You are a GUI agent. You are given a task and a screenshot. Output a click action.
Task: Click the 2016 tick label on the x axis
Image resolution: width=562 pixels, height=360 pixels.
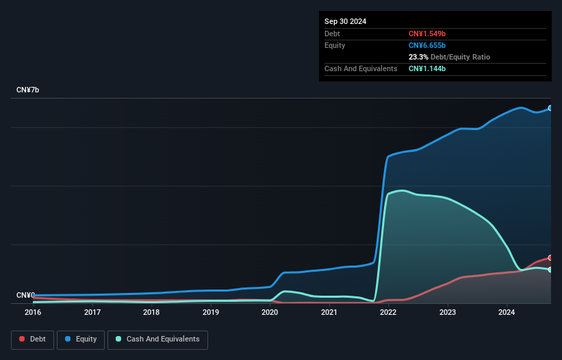[x=33, y=312]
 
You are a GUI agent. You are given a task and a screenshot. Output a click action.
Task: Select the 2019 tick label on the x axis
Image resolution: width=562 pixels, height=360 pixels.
[x=211, y=312]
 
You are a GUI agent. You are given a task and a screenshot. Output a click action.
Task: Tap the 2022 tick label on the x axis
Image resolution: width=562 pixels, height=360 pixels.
[x=388, y=312]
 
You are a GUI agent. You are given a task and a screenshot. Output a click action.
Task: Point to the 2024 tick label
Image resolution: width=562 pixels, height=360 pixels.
[x=507, y=312]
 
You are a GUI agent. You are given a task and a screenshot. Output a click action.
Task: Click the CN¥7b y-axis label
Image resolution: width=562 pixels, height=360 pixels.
[x=28, y=90]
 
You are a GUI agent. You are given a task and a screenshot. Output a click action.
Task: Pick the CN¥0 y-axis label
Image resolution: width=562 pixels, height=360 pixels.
[x=26, y=295]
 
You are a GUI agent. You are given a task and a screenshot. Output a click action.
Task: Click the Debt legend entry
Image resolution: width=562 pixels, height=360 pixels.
[x=32, y=339]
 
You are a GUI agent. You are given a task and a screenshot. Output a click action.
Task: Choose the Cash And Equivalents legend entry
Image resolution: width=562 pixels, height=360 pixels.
[x=157, y=339]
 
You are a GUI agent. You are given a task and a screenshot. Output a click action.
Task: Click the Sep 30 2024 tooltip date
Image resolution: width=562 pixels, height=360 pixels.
[x=345, y=21]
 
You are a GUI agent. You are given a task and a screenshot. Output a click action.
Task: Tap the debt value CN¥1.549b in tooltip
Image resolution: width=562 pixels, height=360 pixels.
[x=427, y=34]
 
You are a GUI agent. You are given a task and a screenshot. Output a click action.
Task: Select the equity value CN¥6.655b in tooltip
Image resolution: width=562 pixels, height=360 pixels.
[x=427, y=45]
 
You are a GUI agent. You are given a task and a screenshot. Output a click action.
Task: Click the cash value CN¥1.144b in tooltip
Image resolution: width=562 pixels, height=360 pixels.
[x=427, y=68]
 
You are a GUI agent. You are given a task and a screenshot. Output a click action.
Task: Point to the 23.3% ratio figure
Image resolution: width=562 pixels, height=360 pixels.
[x=418, y=57]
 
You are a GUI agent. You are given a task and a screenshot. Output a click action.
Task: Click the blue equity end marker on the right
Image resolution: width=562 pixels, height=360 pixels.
[x=550, y=108]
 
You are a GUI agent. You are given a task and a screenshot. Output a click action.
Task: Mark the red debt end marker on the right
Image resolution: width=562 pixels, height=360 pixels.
[x=550, y=258]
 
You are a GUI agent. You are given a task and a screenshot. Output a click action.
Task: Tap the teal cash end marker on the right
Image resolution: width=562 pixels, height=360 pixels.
[x=550, y=270]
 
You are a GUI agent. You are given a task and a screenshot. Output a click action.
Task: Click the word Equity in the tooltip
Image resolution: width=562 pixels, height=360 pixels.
[x=335, y=45]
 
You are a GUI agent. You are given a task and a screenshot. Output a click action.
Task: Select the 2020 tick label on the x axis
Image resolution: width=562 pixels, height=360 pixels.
[x=270, y=312]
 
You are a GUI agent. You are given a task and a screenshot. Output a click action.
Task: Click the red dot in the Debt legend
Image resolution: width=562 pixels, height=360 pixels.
[x=22, y=339]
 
